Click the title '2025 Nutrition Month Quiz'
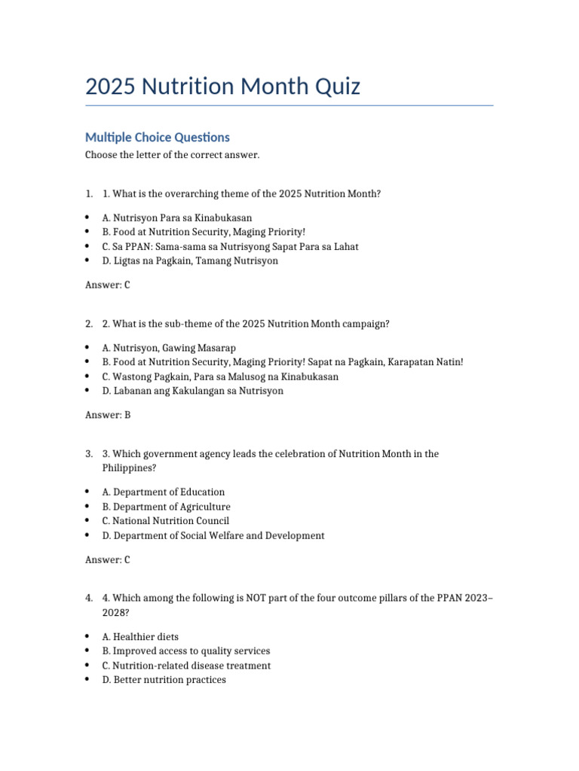[x=222, y=87]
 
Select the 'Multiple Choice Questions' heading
[x=157, y=137]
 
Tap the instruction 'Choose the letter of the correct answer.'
[x=172, y=155]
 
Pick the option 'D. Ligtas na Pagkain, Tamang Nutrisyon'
[x=190, y=261]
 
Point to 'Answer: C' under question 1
[x=108, y=285]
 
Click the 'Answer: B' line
[x=108, y=415]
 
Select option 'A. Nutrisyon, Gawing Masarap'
[x=169, y=348]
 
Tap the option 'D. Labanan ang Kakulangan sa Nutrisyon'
[x=193, y=391]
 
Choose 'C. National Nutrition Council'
[x=166, y=521]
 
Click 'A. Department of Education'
[x=164, y=492]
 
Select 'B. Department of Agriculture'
[x=167, y=507]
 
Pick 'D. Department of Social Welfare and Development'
[x=213, y=536]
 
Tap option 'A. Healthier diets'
[x=140, y=637]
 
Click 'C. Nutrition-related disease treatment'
[x=186, y=666]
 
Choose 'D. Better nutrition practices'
[x=164, y=680]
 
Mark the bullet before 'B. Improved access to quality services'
[x=88, y=651]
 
